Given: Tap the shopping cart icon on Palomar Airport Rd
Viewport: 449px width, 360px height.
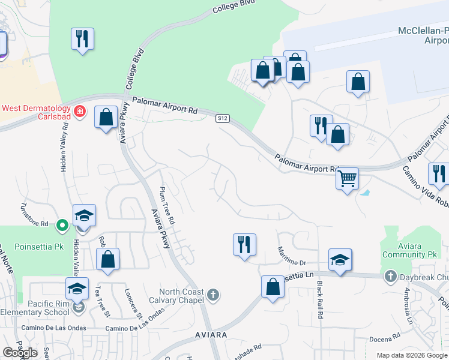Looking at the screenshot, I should (347, 178).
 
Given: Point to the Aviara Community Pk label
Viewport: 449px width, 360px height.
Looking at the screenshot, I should (408, 250).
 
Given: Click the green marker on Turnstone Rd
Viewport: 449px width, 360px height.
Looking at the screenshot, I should (62, 226).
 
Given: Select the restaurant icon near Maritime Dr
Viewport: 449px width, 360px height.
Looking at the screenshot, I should (244, 245).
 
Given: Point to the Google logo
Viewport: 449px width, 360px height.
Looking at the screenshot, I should (20, 352).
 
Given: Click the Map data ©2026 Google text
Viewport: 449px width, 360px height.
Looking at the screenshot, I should (412, 355).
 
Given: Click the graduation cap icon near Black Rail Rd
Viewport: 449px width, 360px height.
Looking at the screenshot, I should (340, 260).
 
